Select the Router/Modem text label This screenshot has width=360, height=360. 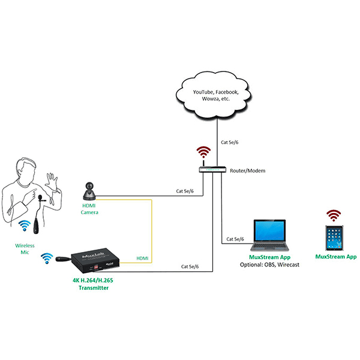(248, 171)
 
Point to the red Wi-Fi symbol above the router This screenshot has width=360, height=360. (204, 151)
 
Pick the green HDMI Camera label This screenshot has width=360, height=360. (90, 209)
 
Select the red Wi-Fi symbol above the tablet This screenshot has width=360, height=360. (333, 215)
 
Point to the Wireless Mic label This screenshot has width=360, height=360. (25, 250)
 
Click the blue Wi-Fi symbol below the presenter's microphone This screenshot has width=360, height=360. (25, 226)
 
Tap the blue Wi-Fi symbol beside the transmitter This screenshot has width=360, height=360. (46, 259)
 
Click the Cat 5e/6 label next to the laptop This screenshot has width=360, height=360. (235, 239)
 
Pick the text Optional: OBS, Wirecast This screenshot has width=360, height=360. (274, 265)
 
